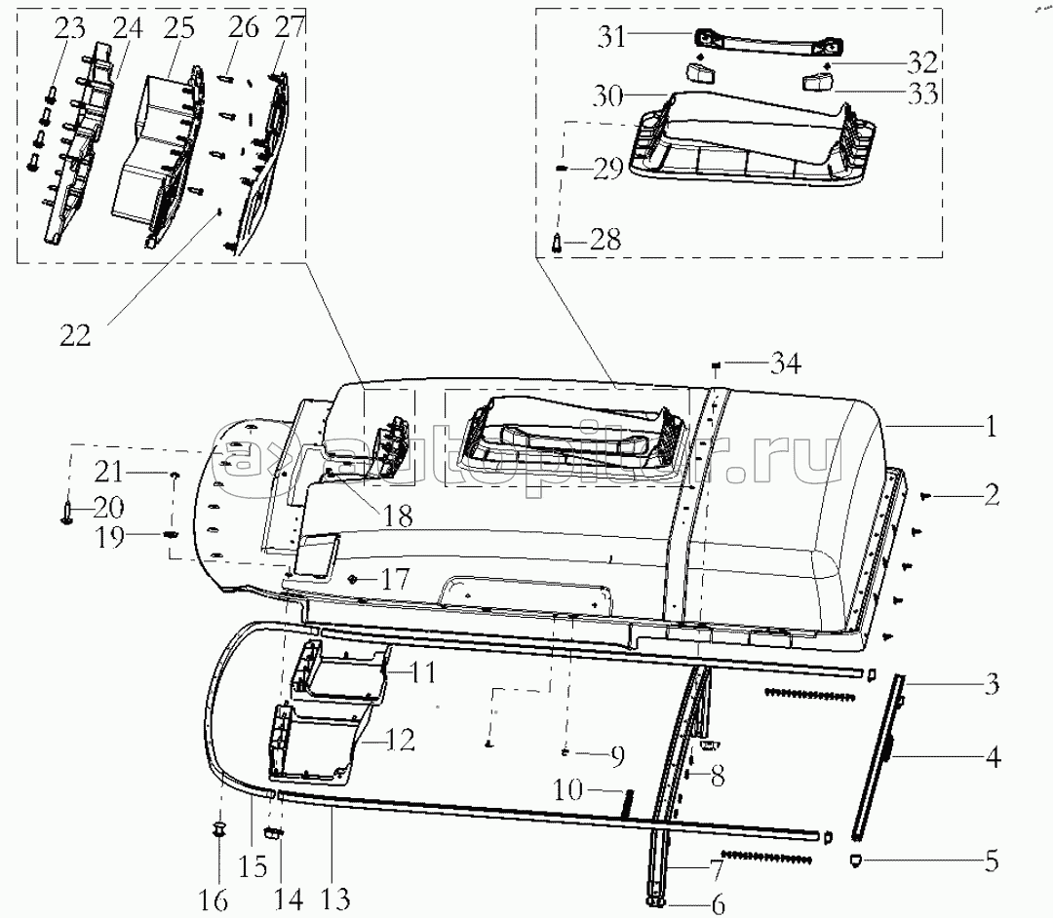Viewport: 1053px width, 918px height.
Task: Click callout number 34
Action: (x=785, y=363)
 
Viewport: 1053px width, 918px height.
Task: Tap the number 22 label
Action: (x=75, y=335)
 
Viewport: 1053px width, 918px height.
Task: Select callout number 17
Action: (x=395, y=579)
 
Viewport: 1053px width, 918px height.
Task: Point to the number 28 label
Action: (x=605, y=240)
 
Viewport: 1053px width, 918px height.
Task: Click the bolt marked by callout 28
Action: (x=558, y=242)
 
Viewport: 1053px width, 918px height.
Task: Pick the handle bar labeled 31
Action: (x=768, y=44)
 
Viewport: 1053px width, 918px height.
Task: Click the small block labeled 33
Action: (x=815, y=83)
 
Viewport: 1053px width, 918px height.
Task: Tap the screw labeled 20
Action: (x=66, y=515)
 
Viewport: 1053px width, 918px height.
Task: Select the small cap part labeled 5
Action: (x=857, y=860)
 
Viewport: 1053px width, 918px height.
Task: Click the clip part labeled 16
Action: (x=219, y=828)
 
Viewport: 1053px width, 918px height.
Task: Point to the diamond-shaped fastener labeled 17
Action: (x=351, y=579)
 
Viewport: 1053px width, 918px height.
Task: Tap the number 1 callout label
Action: (x=992, y=427)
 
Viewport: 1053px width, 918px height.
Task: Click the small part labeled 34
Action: (x=716, y=365)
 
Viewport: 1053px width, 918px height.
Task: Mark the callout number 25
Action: (x=178, y=28)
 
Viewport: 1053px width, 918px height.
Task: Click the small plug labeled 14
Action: (x=273, y=832)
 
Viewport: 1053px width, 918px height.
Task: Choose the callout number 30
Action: (x=607, y=96)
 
